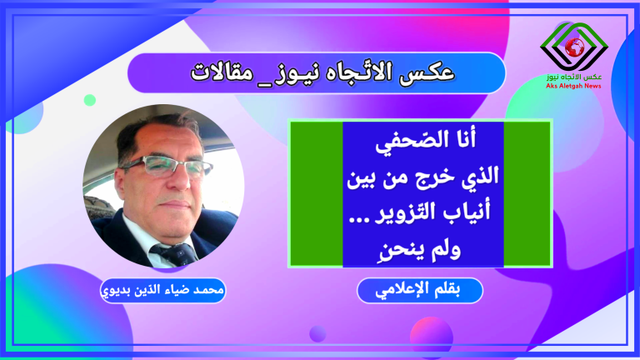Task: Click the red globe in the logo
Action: [x=574, y=47]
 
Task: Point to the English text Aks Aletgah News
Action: [x=573, y=86]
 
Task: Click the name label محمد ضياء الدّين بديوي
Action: [x=162, y=290]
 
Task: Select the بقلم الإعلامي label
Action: [x=420, y=290]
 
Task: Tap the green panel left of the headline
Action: [x=317, y=194]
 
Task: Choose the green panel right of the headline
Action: [x=527, y=194]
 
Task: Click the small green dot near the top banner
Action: [x=90, y=100]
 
